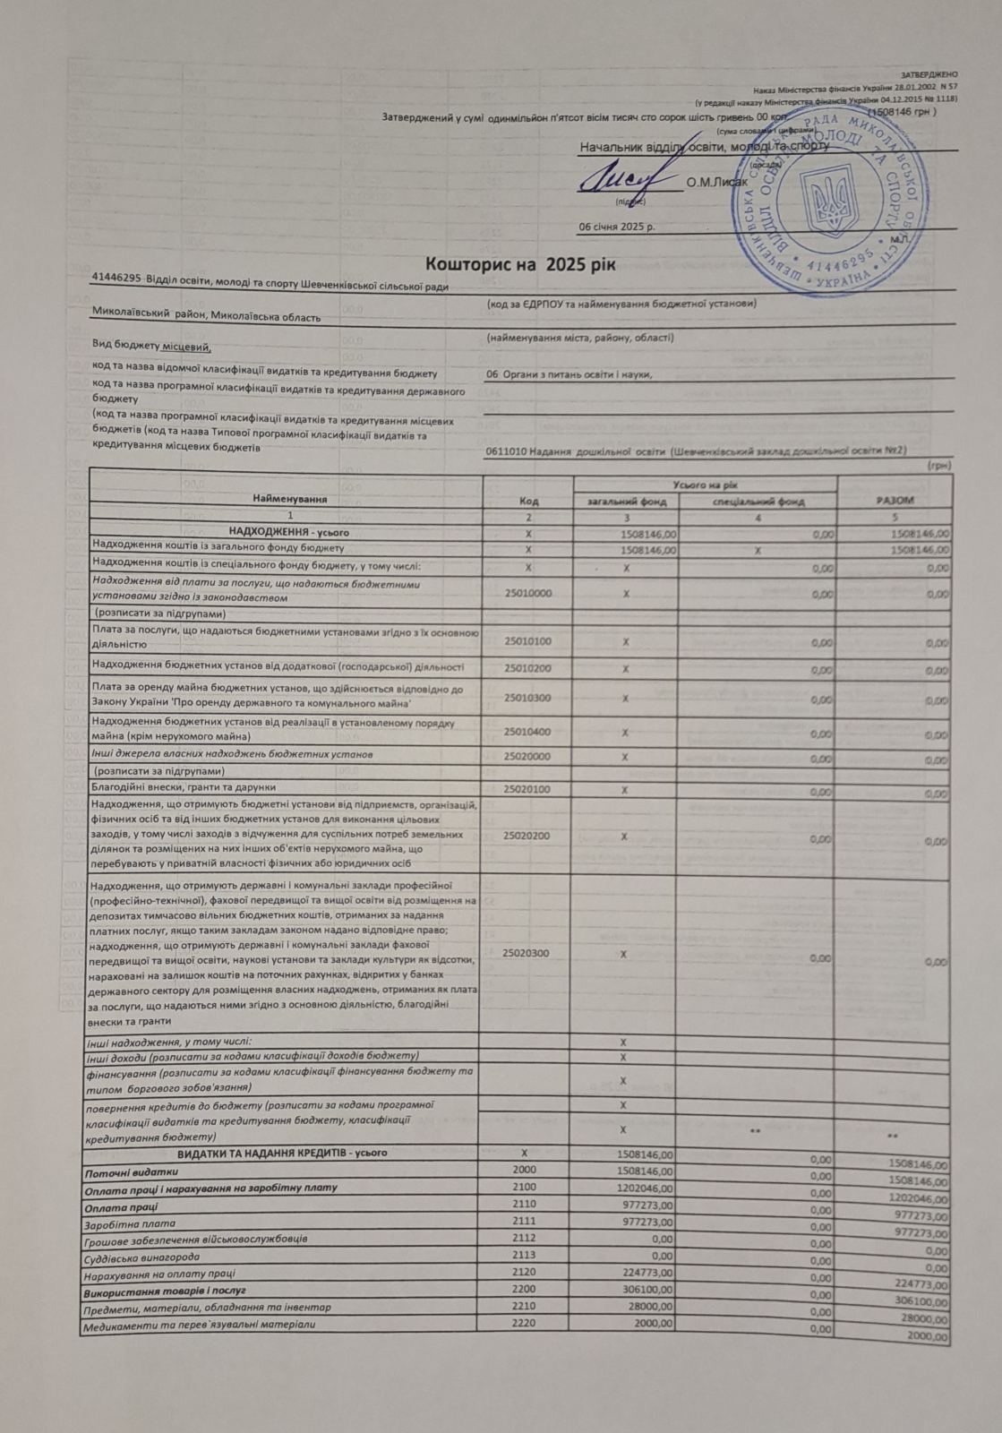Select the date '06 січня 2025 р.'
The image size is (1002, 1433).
click(617, 227)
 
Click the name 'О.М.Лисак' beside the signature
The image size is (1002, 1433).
click(716, 183)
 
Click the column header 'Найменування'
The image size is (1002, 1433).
click(289, 498)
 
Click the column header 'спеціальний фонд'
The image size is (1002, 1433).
click(758, 502)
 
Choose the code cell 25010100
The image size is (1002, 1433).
click(527, 640)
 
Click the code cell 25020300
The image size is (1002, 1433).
click(527, 953)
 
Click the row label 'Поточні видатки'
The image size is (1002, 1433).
click(131, 1171)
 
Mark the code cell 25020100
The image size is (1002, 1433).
click(527, 790)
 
